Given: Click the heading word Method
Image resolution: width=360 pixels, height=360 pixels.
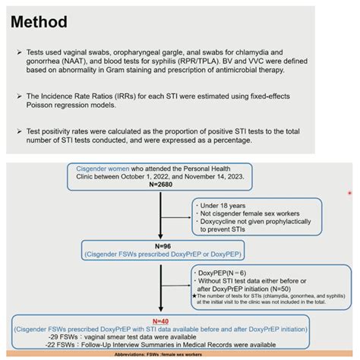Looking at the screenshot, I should coord(43,22).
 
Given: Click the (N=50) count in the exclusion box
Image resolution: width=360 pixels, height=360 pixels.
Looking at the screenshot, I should coord(302,289).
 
